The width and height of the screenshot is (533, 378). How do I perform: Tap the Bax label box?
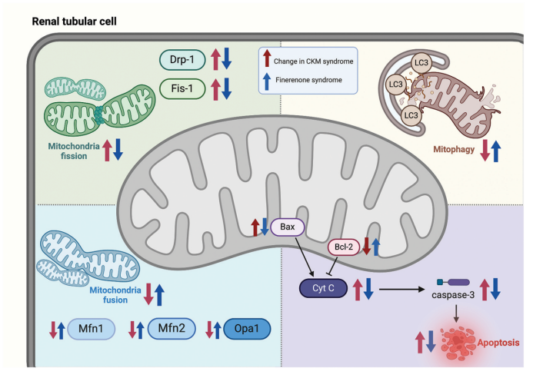tap(288, 227)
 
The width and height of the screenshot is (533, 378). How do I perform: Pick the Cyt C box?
tap(321, 287)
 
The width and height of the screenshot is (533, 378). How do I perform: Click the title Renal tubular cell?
tap(75, 21)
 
